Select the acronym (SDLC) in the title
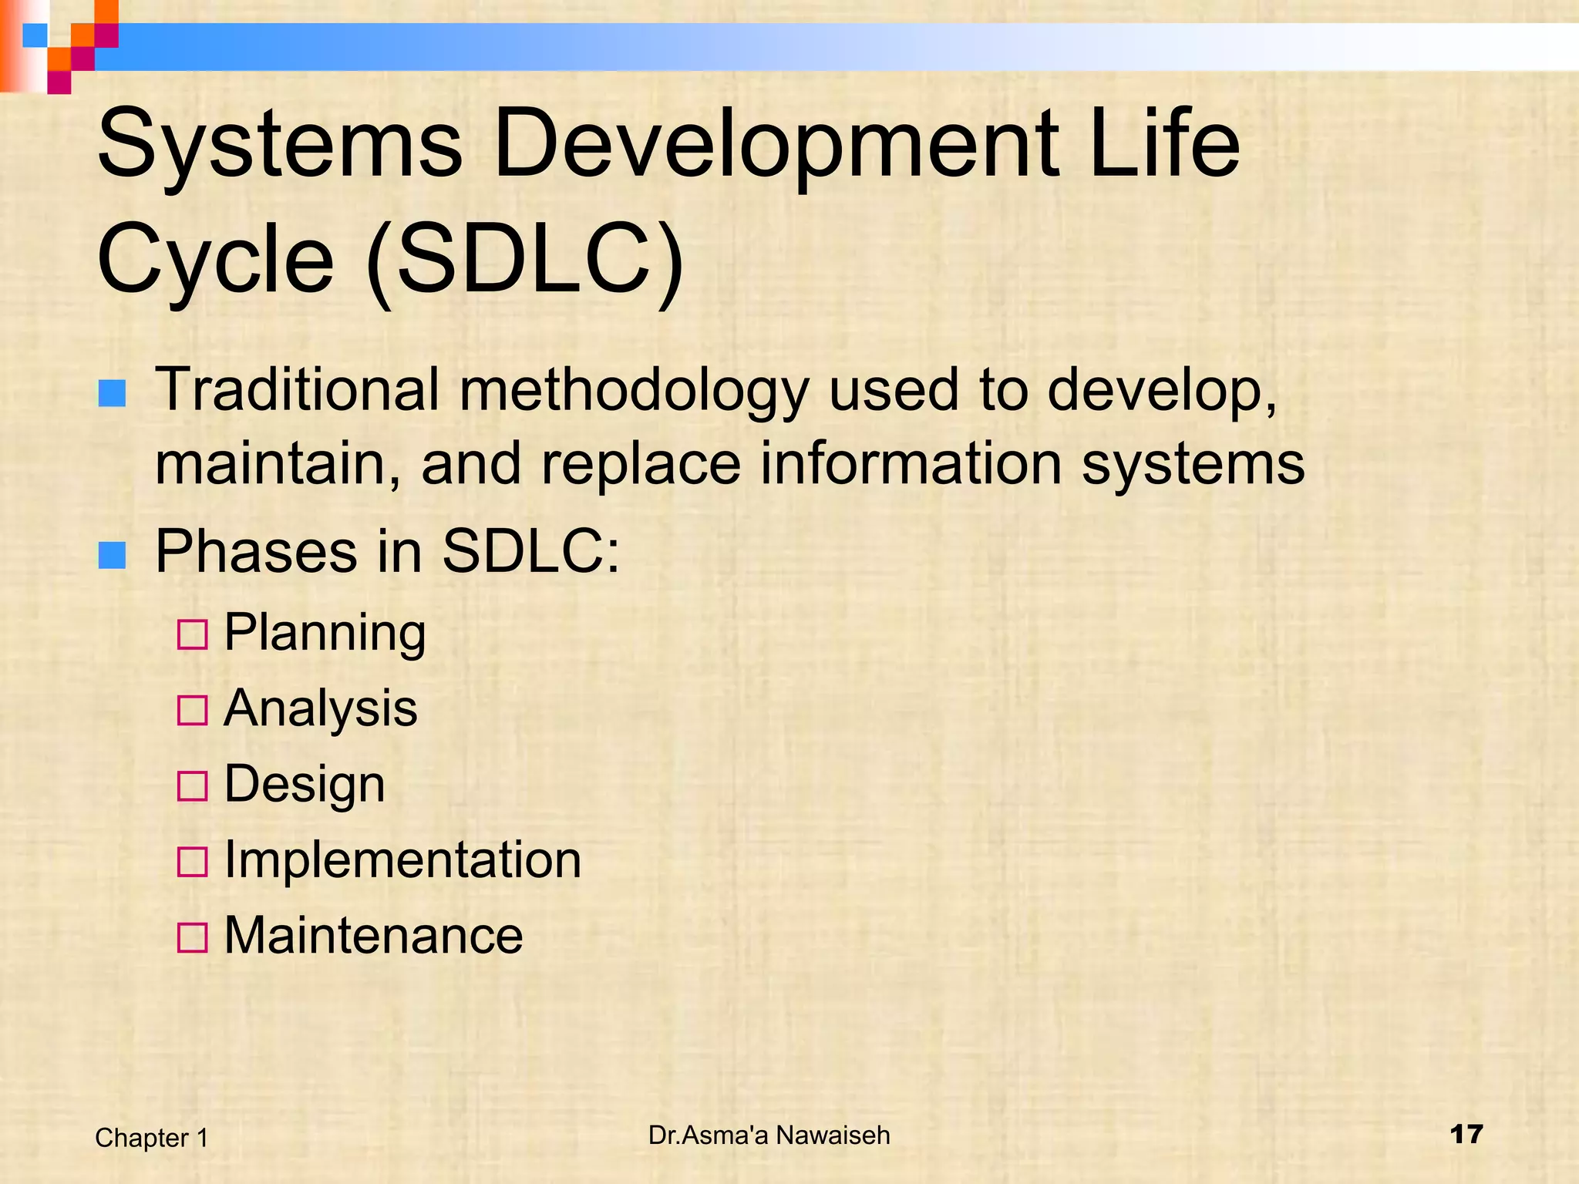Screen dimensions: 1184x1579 [x=525, y=259]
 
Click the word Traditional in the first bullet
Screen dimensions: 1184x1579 [x=298, y=389]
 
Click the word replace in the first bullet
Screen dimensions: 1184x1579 [x=641, y=465]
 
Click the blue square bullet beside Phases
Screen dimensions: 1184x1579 [x=112, y=555]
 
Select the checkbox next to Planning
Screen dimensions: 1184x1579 [x=192, y=635]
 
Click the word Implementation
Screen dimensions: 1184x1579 [x=402, y=859]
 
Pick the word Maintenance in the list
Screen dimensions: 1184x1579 [x=373, y=935]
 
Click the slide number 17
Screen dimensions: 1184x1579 [x=1466, y=1135]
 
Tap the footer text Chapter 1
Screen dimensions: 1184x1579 [x=152, y=1138]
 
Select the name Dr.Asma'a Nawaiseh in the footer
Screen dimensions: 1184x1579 [x=769, y=1135]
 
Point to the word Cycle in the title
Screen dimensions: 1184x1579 [x=214, y=261]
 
